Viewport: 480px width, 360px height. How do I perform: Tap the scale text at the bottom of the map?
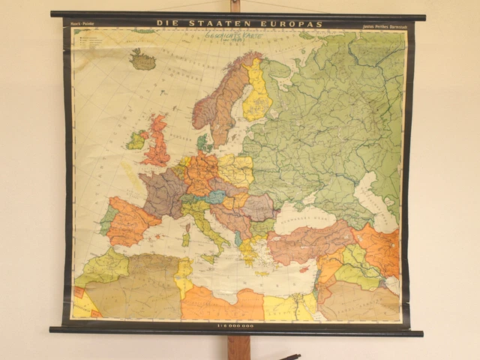[x=235, y=325]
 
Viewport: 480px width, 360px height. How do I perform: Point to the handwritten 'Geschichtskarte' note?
[x=233, y=35]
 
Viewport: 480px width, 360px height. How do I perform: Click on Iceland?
[x=142, y=59]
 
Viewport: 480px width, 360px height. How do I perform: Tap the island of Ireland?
[x=136, y=140]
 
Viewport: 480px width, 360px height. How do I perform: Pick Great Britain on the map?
[x=158, y=142]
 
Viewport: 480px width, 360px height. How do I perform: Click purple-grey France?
[x=163, y=191]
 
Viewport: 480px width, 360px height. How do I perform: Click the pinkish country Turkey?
[x=311, y=241]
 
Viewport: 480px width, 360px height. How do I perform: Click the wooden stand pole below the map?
[x=238, y=346]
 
